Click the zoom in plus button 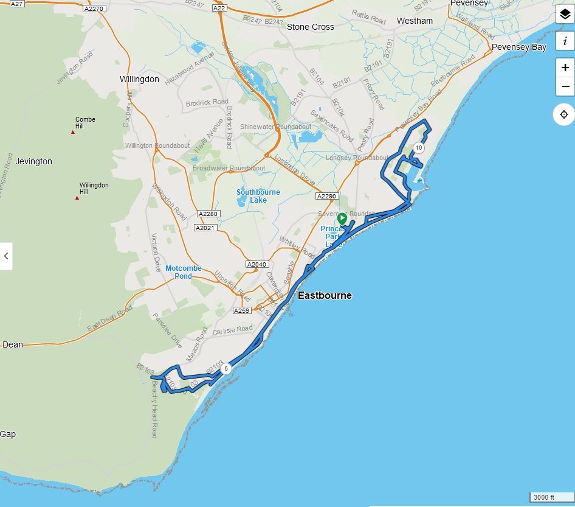tap(565, 68)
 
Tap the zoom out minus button tap(565, 86)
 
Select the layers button tap(565, 15)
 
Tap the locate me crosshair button tap(564, 114)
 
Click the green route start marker tap(342, 219)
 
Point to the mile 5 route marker tap(226, 368)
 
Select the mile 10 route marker tap(418, 148)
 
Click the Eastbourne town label tap(325, 295)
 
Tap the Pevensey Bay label tap(518, 47)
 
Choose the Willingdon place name tap(139, 79)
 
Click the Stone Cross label tap(310, 27)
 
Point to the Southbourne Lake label tap(258, 196)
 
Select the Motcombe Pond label tap(184, 272)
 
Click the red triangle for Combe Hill tap(73, 132)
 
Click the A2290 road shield tap(326, 196)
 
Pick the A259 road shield tap(242, 310)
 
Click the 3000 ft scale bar tap(550, 497)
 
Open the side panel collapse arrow tap(6, 256)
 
